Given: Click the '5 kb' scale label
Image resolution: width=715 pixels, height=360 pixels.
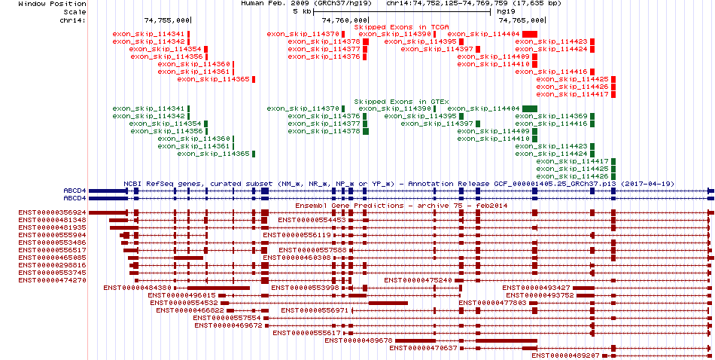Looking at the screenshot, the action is [302, 11].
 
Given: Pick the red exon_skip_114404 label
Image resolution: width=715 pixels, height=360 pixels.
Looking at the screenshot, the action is [483, 34].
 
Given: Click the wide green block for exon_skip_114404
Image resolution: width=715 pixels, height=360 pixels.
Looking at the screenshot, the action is [530, 108].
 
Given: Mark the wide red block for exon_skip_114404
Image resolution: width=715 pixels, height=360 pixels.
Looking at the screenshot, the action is [530, 34].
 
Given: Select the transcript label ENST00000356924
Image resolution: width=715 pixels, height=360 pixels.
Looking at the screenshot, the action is [53, 212].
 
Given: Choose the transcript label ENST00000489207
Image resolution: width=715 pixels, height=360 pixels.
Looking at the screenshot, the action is [565, 355].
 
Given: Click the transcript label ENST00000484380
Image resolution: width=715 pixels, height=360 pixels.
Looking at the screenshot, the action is [137, 288].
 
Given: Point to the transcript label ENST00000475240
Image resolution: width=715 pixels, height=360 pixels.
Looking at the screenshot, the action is [418, 280].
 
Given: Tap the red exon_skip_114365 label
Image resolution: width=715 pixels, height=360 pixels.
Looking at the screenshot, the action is [214, 79].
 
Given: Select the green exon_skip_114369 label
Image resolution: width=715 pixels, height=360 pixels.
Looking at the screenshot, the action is [551, 116].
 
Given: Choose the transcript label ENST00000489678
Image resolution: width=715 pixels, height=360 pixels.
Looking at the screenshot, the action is [359, 340].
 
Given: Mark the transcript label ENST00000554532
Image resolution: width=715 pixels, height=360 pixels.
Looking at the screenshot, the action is [184, 303].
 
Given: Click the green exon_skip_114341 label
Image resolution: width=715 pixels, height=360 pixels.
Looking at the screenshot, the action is [149, 108].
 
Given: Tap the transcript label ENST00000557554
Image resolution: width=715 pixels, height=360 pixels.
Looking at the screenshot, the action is [227, 318].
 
